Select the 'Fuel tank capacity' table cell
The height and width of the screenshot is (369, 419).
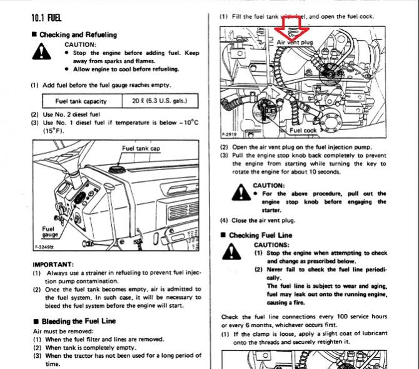coord(81,101)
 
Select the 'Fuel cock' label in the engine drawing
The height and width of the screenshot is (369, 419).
coord(303,130)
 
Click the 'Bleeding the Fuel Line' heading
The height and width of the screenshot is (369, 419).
coord(78,321)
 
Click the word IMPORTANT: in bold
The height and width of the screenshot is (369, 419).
coord(53,265)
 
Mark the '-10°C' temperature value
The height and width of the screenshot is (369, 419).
coord(189,123)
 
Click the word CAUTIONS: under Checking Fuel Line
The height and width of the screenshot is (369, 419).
coord(272,245)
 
